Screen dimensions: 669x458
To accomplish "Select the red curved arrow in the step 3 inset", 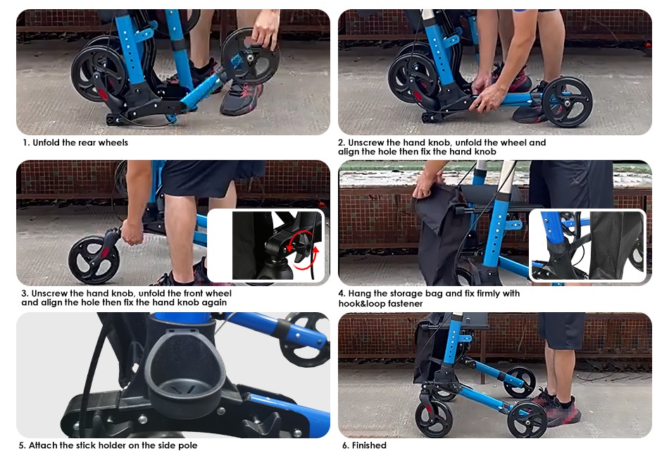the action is coord(301,252).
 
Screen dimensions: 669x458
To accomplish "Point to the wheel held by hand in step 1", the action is coord(251,57).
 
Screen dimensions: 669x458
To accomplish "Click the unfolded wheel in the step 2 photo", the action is coord(567,101).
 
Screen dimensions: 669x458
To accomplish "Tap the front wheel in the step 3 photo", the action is coord(94,260).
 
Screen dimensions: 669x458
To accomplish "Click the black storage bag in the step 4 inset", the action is coord(614,245).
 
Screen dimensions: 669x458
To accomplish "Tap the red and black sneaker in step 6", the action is coord(559,411).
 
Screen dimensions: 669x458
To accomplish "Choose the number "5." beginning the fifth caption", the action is coord(23,445).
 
